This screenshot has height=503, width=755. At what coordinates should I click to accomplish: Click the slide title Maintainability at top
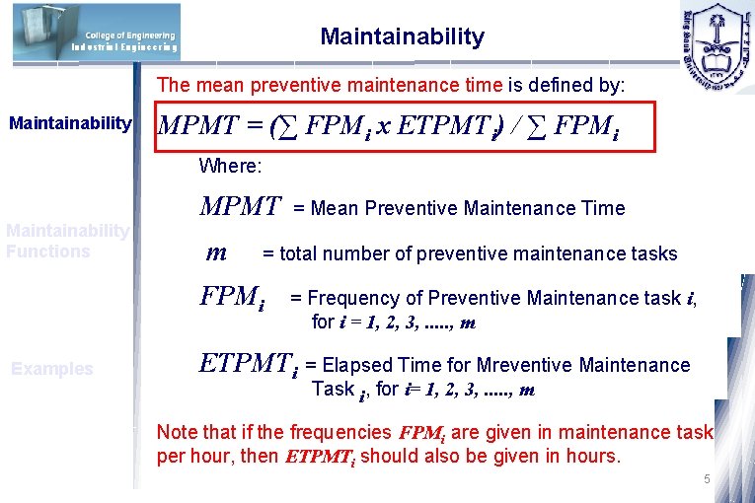(x=402, y=37)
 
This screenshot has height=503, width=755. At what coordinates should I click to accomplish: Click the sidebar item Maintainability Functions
(x=67, y=241)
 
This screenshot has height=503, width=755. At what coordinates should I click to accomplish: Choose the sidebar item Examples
(x=51, y=370)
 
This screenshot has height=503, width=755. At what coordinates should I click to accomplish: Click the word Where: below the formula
(x=229, y=165)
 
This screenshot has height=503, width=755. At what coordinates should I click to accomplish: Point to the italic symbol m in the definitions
(x=215, y=252)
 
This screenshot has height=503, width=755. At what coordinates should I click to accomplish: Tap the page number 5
(x=706, y=479)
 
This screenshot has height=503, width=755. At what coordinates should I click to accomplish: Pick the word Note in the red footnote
(x=178, y=432)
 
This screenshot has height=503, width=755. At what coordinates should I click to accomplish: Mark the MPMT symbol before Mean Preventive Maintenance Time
(x=241, y=207)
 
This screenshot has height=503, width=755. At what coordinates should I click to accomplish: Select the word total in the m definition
(x=304, y=253)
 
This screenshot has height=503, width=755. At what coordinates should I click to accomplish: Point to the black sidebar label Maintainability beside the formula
(x=70, y=123)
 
